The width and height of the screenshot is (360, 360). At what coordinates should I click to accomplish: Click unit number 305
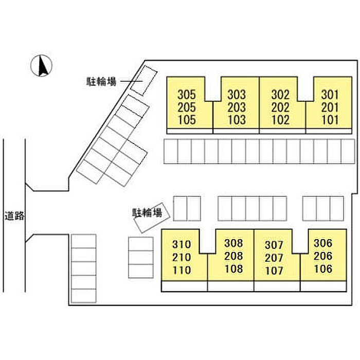pyautogui.click(x=187, y=95)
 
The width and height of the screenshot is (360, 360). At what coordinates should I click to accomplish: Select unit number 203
pyautogui.click(x=237, y=107)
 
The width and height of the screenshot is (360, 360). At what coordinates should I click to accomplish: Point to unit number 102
pyautogui.click(x=280, y=120)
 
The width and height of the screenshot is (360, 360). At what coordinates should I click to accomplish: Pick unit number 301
pyautogui.click(x=330, y=95)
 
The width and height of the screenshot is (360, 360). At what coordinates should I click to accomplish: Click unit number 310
pyautogui.click(x=182, y=244)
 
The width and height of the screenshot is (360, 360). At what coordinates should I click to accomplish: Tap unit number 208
pyautogui.click(x=233, y=256)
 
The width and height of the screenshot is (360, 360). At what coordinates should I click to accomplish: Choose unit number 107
pyautogui.click(x=274, y=270)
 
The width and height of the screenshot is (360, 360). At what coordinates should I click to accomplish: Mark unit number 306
pyautogui.click(x=323, y=243)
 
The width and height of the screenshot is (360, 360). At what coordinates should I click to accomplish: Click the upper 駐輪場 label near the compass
pyautogui.click(x=101, y=81)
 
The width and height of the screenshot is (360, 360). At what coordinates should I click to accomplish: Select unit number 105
pyautogui.click(x=187, y=120)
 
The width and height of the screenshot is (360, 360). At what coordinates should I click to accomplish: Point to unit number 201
pyautogui.click(x=330, y=107)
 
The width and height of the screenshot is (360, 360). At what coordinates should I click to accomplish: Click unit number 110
pyautogui.click(x=182, y=270)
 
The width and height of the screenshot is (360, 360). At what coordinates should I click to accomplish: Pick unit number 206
pyautogui.click(x=323, y=256)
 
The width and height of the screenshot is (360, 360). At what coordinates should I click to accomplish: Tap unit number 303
pyautogui.click(x=237, y=95)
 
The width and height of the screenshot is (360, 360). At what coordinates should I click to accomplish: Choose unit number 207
pyautogui.click(x=274, y=257)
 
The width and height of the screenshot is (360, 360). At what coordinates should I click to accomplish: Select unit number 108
pyautogui.click(x=233, y=269)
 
